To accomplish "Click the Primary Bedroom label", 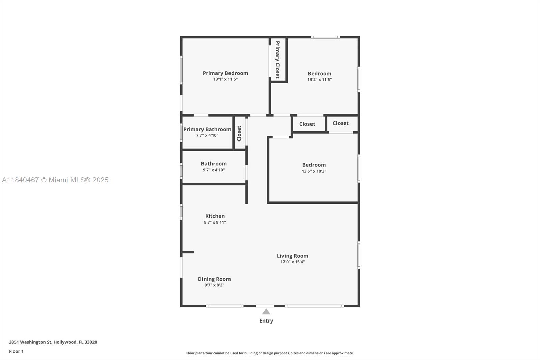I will tap(225, 73).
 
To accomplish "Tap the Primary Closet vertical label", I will tap(277, 60).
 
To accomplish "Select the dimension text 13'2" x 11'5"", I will tap(319, 80).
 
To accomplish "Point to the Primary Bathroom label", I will tap(207, 129).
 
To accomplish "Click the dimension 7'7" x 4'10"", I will tap(207, 135).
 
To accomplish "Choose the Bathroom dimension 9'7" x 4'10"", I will tap(214, 170).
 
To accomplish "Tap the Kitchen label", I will tap(215, 216).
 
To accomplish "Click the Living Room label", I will tap(292, 256).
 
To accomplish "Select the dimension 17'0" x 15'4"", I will tap(292, 262).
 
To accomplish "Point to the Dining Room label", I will tap(214, 279).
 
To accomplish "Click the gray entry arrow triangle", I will tap(266, 312).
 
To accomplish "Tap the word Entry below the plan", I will tap(266, 321).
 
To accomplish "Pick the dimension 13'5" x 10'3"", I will tap(314, 171).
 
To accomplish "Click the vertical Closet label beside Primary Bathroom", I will tap(239, 133).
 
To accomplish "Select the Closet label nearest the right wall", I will tap(340, 123).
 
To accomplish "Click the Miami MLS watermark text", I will tap(55, 180).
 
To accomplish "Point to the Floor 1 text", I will tap(16, 351).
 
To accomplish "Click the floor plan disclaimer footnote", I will tap(270, 353).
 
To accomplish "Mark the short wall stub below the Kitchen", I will tap(188, 252).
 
